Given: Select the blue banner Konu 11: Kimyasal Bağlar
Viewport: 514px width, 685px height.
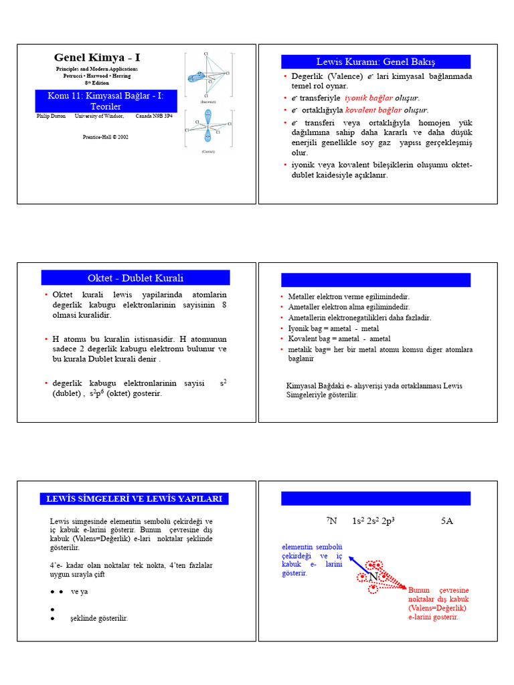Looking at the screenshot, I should point(105,101).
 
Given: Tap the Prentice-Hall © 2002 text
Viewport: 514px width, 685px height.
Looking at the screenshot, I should point(105,136).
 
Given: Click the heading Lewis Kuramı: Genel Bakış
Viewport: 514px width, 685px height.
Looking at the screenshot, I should point(375,62).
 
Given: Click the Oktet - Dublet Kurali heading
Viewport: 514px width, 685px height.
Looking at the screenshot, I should point(135,278).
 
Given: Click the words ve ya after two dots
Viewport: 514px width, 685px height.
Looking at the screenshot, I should point(80,592).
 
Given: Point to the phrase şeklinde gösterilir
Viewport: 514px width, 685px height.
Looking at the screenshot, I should point(99,618).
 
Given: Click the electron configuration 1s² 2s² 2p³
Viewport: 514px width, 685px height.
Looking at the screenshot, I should point(373,520).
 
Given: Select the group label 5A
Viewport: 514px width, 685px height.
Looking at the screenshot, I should point(447,520).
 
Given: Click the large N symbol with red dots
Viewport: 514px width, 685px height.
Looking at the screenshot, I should point(373,577).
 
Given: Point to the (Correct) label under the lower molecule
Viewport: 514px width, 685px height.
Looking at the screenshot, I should point(208,152).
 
